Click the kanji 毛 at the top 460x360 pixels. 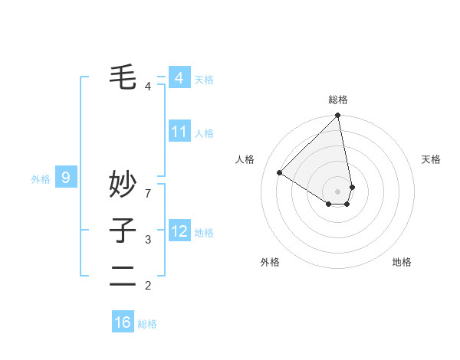[x=123, y=77]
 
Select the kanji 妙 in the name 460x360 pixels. [x=123, y=185]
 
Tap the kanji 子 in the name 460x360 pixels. [x=123, y=230]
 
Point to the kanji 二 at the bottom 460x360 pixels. [x=123, y=276]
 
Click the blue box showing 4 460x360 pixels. [x=179, y=78]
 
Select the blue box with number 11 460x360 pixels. [x=179, y=132]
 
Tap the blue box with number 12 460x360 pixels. [x=179, y=231]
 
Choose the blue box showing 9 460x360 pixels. [x=66, y=178]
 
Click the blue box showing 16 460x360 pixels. [x=123, y=322]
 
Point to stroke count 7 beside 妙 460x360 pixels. [x=148, y=185]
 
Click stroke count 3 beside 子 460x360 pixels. [x=148, y=240]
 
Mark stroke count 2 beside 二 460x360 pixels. [x=148, y=286]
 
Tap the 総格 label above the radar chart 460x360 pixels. [x=337, y=100]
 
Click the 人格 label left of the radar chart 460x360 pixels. [x=245, y=159]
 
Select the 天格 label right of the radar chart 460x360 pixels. [x=431, y=159]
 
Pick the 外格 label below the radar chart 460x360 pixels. [x=269, y=262]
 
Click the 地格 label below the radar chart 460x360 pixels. [x=402, y=262]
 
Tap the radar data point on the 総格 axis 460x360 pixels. [x=337, y=116]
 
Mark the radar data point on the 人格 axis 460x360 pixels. [x=280, y=172]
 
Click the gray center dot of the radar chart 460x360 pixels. [x=337, y=191]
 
